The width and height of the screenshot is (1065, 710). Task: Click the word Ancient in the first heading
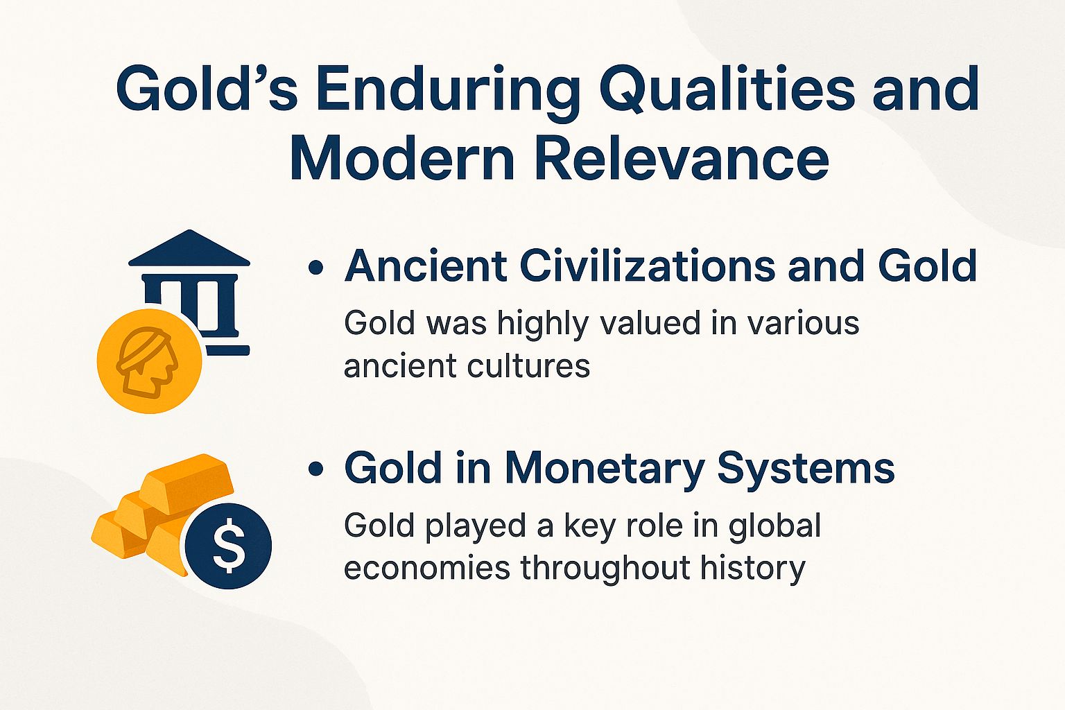[x=423, y=266]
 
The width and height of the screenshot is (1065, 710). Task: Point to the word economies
[x=427, y=568]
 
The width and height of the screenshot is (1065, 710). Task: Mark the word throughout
[x=605, y=568]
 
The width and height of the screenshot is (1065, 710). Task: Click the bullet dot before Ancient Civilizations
[x=316, y=268]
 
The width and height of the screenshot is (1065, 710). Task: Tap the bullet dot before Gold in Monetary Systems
[x=316, y=470]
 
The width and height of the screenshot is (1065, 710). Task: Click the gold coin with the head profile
[x=150, y=361]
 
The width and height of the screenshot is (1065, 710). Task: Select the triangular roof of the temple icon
[x=189, y=250]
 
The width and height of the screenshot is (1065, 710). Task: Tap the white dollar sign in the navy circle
[x=229, y=546]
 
